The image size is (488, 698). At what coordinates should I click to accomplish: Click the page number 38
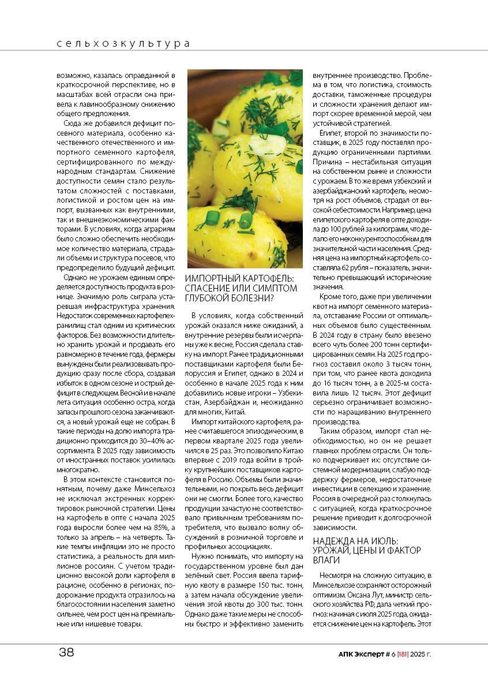click(x=66, y=653)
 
